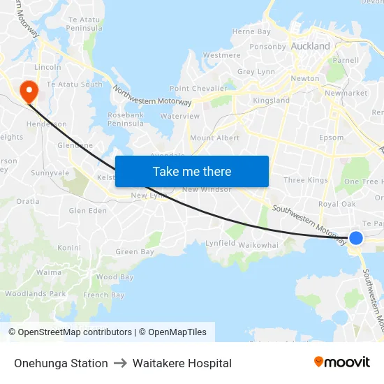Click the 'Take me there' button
coord(192,171)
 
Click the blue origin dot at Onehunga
coord(356,238)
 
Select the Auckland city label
coord(311,46)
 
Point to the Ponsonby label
coord(268,47)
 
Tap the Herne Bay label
coord(251,31)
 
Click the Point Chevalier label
coord(198,89)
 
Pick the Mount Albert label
coord(214,138)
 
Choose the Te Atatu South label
coord(74,84)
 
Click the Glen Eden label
coord(87,211)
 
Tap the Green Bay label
coord(135,251)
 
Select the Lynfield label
coord(221,243)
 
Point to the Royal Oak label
coord(337,205)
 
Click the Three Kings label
coord(306,180)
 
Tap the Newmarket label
coord(346,93)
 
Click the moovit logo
coord(342,362)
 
